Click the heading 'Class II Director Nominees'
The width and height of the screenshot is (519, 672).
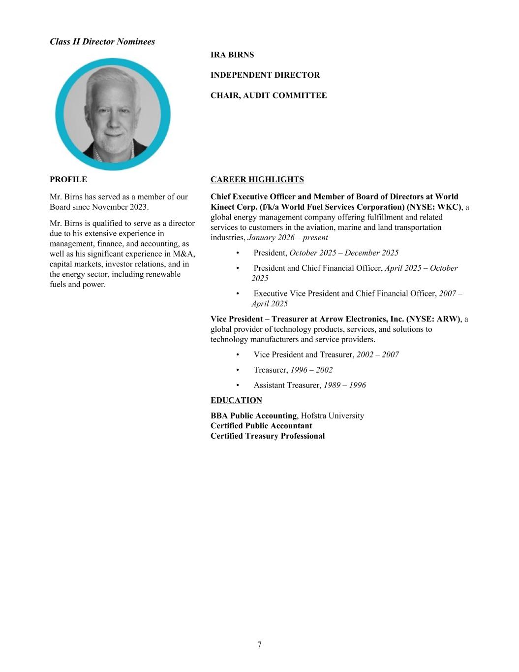[102, 42]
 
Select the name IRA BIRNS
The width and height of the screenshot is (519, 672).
[232, 55]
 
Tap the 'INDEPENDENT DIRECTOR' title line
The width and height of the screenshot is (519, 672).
[265, 75]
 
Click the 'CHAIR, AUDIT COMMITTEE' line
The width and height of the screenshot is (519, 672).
[269, 95]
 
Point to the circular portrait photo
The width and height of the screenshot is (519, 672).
[113, 114]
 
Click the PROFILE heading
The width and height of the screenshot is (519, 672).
[68, 179]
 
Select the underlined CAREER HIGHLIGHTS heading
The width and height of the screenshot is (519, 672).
[257, 179]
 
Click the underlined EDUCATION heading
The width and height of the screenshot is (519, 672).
[236, 400]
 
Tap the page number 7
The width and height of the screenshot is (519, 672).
[259, 644]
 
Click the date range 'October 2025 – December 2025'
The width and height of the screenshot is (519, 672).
[344, 253]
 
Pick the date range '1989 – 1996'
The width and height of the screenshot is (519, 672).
[344, 385]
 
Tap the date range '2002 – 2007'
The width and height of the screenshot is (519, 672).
[377, 354]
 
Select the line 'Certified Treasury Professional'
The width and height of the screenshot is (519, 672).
[268, 436]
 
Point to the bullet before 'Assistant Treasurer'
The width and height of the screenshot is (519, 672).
[238, 385]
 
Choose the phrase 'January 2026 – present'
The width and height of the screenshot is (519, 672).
[288, 237]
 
